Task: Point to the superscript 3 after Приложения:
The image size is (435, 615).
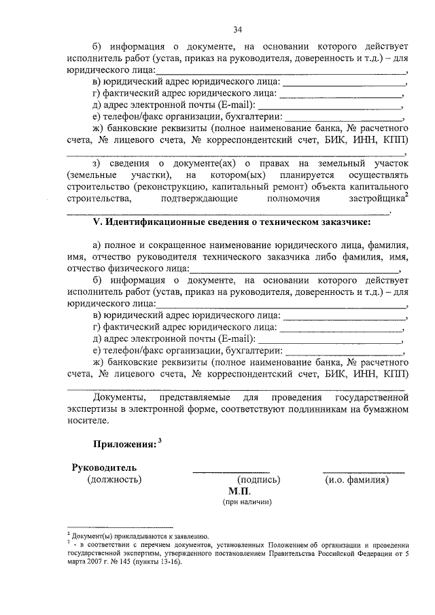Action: (x=160, y=440)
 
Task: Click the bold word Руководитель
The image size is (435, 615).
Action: (x=104, y=468)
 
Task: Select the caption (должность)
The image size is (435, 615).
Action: (x=114, y=480)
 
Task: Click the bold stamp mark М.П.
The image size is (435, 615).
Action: (x=239, y=491)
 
